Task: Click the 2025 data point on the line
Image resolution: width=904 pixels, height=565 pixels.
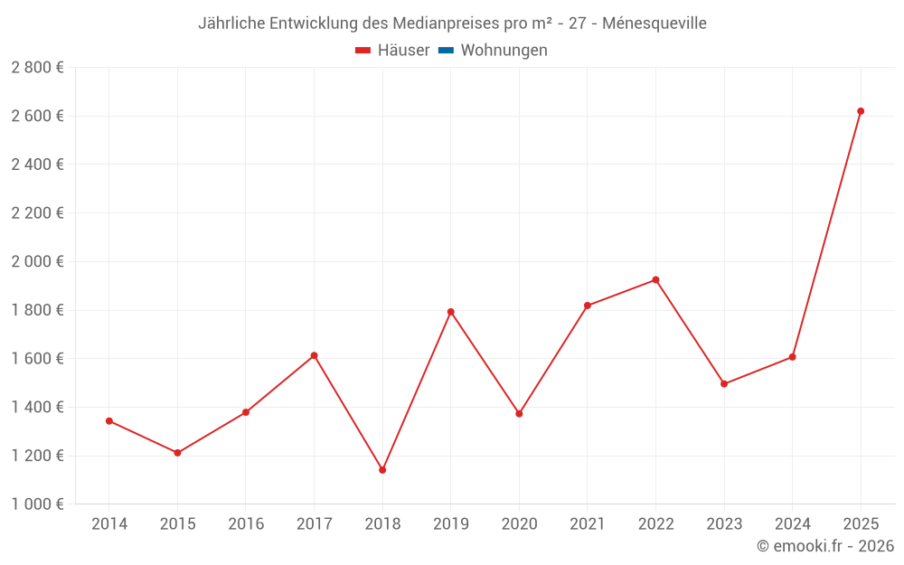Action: tap(861, 111)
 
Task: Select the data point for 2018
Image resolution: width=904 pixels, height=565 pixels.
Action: tap(382, 470)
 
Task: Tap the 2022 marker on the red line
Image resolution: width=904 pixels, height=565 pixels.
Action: tap(655, 280)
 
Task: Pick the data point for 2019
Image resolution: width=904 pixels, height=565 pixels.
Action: tap(451, 312)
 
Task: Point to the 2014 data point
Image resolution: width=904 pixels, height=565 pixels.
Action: tap(109, 421)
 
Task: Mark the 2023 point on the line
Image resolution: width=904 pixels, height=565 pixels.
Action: tap(724, 384)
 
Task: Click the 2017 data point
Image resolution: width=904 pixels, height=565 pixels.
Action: tap(314, 355)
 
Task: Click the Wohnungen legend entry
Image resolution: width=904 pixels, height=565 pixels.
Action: tap(504, 51)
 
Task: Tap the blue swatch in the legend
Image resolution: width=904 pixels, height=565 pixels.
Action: tap(446, 51)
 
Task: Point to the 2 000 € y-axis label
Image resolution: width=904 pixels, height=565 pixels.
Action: tap(37, 261)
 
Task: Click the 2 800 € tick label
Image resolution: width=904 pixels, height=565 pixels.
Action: tap(37, 68)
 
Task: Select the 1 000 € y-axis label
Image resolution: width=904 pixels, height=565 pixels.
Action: tap(37, 504)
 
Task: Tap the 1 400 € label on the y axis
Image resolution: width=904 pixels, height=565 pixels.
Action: tap(37, 407)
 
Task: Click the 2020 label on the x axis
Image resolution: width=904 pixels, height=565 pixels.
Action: tap(519, 524)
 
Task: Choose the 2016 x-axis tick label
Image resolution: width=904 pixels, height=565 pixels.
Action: tap(246, 524)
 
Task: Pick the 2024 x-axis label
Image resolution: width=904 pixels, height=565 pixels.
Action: tap(793, 524)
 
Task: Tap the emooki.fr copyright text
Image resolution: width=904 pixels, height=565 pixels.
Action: tap(825, 546)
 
